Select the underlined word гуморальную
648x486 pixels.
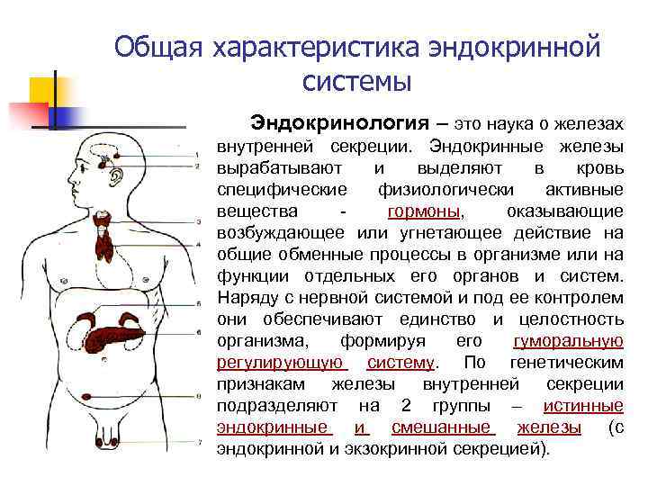click(568, 341)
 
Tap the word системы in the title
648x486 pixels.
click(357, 83)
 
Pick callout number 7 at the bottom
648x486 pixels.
click(197, 443)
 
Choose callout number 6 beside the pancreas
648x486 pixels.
click(197, 332)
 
